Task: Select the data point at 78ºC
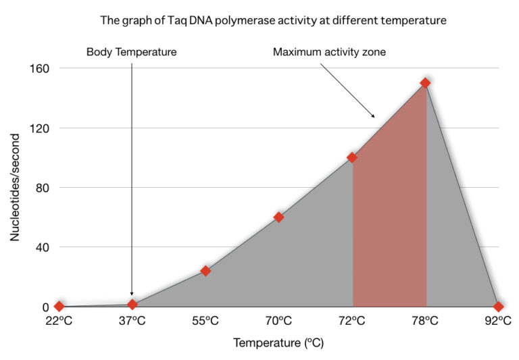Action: coord(425,83)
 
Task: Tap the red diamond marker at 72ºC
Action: coord(352,157)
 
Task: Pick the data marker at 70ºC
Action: coord(278,217)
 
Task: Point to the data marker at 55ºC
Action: coord(205,271)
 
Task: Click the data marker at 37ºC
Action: coord(132,304)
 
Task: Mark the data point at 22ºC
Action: coord(59,306)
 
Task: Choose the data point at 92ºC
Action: coord(498,306)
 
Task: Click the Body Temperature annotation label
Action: coord(131,52)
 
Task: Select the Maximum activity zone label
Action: coord(329,52)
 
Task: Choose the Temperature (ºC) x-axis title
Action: coord(278,343)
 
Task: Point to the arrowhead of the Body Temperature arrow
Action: coord(132,296)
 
